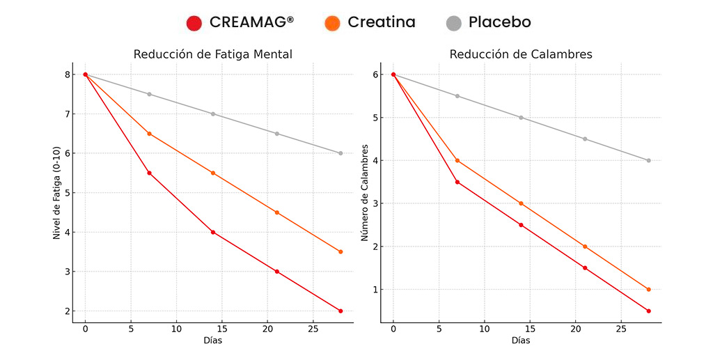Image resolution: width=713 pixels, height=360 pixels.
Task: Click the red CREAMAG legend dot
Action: pyautogui.click(x=194, y=23)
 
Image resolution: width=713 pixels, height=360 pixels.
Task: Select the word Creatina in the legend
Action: pyautogui.click(x=381, y=22)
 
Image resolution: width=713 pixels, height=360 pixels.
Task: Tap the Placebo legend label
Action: pyautogui.click(x=499, y=22)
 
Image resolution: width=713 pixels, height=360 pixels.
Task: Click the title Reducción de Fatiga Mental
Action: pyautogui.click(x=212, y=54)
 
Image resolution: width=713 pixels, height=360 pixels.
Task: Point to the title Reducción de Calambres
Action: pyautogui.click(x=521, y=54)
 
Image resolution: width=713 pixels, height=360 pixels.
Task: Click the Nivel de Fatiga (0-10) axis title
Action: pyautogui.click(x=57, y=193)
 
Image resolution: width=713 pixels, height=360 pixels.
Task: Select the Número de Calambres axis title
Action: pyautogui.click(x=364, y=193)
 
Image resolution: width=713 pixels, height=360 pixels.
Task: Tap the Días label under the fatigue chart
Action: pyautogui.click(x=212, y=341)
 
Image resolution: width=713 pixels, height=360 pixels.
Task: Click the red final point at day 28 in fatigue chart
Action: pyautogui.click(x=340, y=311)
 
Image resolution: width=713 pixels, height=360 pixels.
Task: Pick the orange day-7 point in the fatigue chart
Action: pyautogui.click(x=149, y=134)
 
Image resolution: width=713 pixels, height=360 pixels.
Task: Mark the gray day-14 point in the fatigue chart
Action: pyautogui.click(x=213, y=114)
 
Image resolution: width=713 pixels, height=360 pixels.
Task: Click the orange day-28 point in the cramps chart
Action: pyautogui.click(x=648, y=290)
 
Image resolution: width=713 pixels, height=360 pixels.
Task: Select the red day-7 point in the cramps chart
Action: pyautogui.click(x=457, y=182)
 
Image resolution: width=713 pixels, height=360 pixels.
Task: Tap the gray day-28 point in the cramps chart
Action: pyautogui.click(x=648, y=160)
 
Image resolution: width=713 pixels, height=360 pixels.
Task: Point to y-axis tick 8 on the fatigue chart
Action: pyautogui.click(x=67, y=75)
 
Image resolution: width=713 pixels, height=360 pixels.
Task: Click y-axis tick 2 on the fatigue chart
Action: pyautogui.click(x=67, y=311)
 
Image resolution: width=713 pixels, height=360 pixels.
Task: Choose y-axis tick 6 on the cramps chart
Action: pyautogui.click(x=375, y=75)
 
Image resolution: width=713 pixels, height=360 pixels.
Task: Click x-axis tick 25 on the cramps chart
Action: pyautogui.click(x=621, y=329)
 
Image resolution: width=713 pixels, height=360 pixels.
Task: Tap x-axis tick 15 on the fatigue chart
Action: pyautogui.click(x=221, y=329)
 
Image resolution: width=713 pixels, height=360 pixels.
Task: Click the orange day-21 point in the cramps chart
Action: pyautogui.click(x=585, y=246)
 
